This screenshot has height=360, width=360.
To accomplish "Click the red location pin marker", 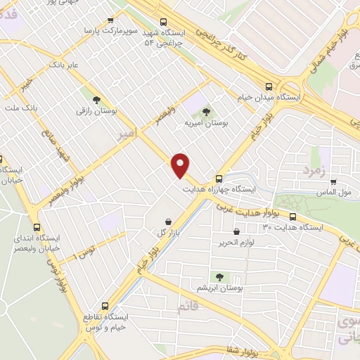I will pos(181,165).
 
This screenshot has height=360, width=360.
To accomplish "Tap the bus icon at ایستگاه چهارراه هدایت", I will pos(219,178).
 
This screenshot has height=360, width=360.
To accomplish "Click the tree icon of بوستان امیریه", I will pos(206,111).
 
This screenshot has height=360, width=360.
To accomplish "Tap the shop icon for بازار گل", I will pos(167,220).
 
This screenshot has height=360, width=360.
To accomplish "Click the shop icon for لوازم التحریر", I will pos(236,231).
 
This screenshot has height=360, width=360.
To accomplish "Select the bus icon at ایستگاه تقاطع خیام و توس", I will pos(105,306).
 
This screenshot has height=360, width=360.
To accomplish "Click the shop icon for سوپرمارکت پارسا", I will pos(109,21).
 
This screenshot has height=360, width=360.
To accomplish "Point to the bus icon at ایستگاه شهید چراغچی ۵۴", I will pos(164,22).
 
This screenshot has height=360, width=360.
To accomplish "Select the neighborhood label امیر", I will pos(124,134).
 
